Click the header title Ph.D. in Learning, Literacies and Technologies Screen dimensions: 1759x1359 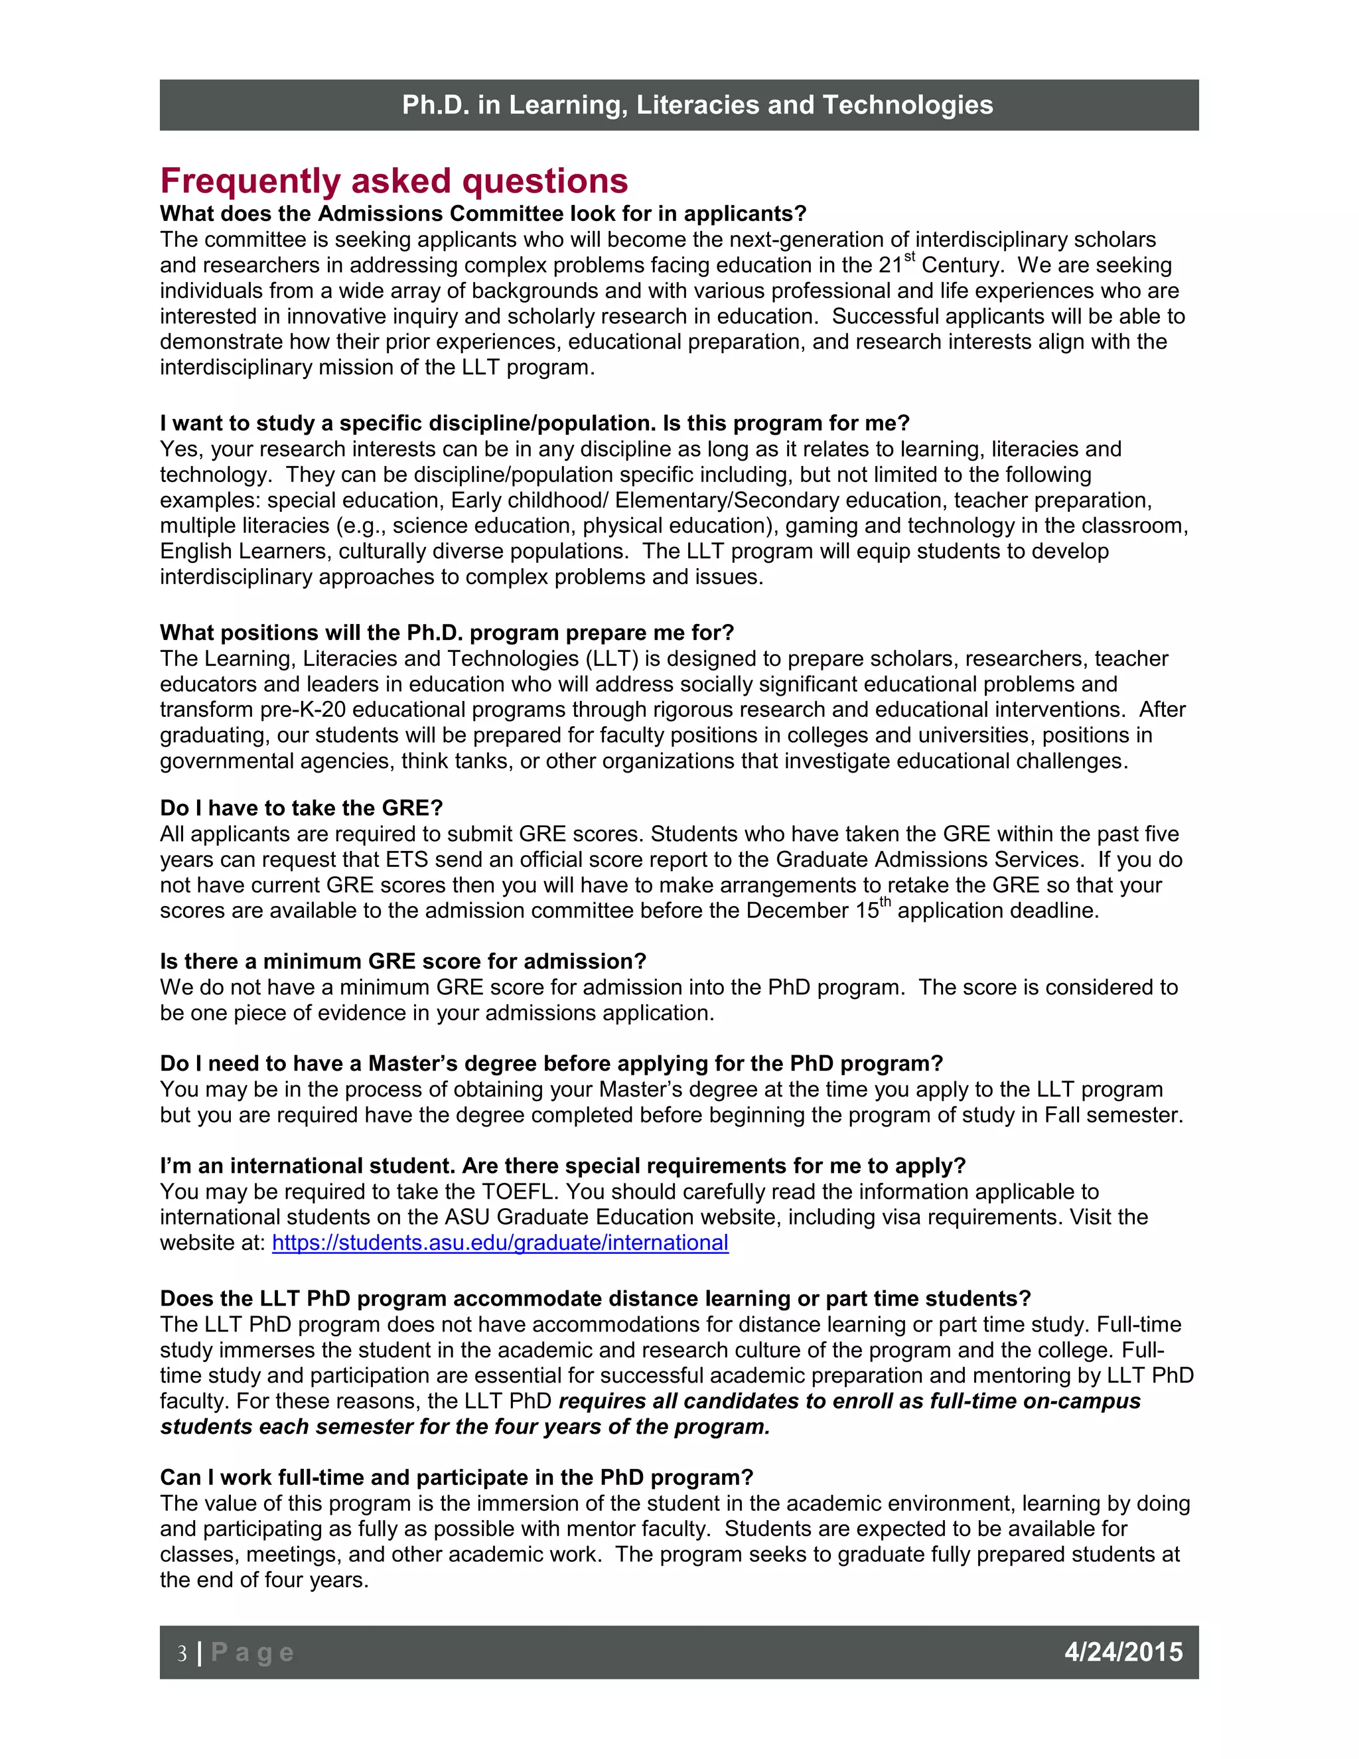pyautogui.click(x=697, y=105)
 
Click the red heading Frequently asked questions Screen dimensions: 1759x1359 pyautogui.click(x=393, y=181)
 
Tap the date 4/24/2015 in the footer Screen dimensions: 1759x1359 pyautogui.click(x=1123, y=1652)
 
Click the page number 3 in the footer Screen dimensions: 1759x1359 pyautogui.click(x=182, y=1653)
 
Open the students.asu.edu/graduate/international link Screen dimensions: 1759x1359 pyautogui.click(x=500, y=1243)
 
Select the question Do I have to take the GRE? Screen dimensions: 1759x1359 pyautogui.click(x=301, y=808)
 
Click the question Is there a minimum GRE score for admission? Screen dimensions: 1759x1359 pyautogui.click(x=403, y=961)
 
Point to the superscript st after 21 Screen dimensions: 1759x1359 pyautogui.click(x=910, y=257)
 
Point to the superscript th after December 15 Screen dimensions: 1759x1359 pyautogui.click(x=885, y=902)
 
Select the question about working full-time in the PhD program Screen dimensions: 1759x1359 pyautogui.click(x=456, y=1477)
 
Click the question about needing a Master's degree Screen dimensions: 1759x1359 pyautogui.click(x=551, y=1063)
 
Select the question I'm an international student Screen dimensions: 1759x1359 pyautogui.click(x=562, y=1166)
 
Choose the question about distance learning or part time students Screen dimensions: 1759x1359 pyautogui.click(x=595, y=1298)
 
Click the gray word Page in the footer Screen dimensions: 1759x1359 pyautogui.click(x=252, y=1653)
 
